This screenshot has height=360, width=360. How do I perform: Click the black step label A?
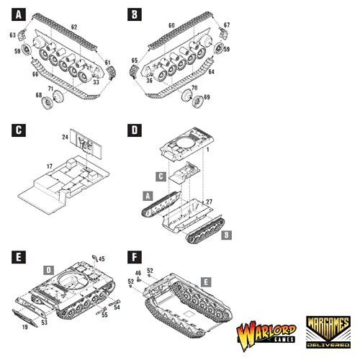pyautogui.click(x=19, y=14)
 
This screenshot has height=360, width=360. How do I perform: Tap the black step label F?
pyautogui.click(x=135, y=257)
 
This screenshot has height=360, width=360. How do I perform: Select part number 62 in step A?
pyautogui.click(x=74, y=27)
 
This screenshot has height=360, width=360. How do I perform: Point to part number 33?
pyautogui.click(x=96, y=82)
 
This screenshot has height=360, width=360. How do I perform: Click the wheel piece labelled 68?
pyautogui.click(x=48, y=103)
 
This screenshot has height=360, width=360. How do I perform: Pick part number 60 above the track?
pyautogui.click(x=171, y=25)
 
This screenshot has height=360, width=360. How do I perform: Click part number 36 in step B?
pyautogui.click(x=149, y=81)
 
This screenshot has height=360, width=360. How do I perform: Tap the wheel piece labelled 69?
pyautogui.click(x=198, y=102)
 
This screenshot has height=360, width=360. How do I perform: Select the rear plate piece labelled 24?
pyautogui.click(x=86, y=143)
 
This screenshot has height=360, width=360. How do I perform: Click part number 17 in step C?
pyautogui.click(x=50, y=166)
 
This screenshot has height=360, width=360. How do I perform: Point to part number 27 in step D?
pyautogui.click(x=209, y=202)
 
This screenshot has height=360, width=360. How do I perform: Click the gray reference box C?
pyautogui.click(x=161, y=176)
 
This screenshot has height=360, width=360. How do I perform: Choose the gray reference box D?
pyautogui.click(x=49, y=270)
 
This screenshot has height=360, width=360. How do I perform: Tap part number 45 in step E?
pyautogui.click(x=102, y=259)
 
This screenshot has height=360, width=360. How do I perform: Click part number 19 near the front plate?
pyautogui.click(x=25, y=327)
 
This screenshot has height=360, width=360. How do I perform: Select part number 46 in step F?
pyautogui.click(x=138, y=273)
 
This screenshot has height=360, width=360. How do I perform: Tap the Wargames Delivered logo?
pyautogui.click(x=328, y=332)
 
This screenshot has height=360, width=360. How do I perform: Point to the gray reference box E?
pyautogui.click(x=206, y=282)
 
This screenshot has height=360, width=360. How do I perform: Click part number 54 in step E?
pyautogui.click(x=117, y=307)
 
